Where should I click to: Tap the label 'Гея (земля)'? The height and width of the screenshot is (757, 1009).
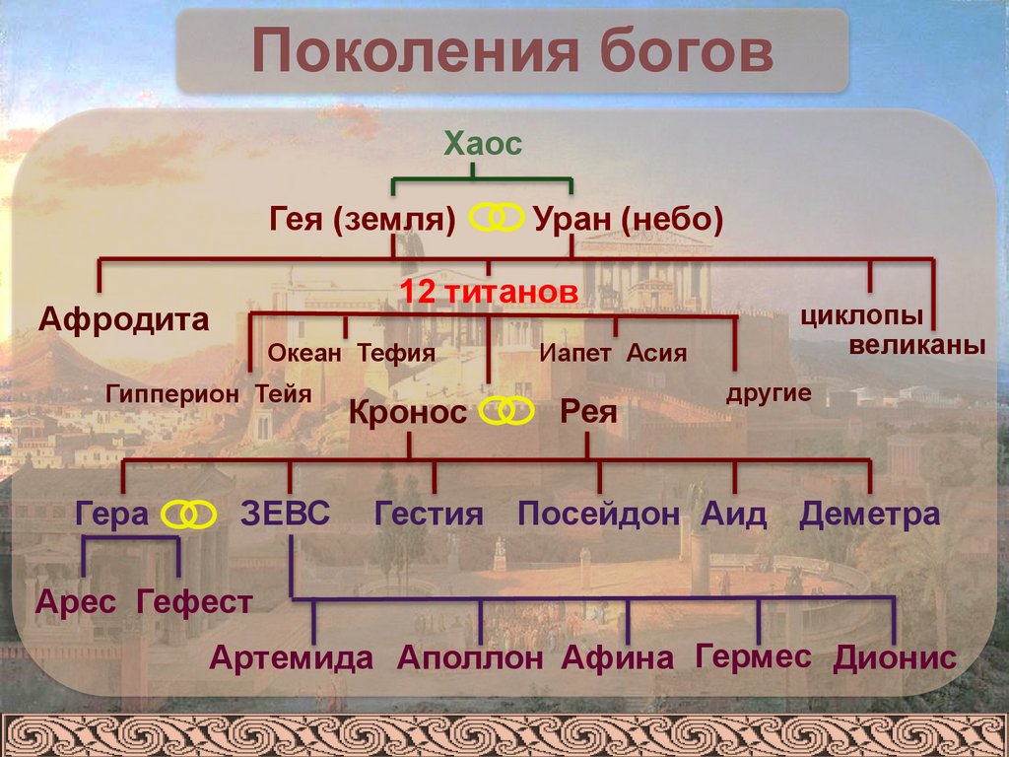[362, 219]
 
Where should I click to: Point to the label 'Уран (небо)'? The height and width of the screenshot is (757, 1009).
[629, 219]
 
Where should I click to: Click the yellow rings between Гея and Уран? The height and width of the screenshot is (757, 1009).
[497, 218]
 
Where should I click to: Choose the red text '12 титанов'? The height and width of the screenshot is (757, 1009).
[487, 292]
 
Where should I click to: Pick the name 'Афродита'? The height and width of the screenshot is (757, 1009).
[124, 320]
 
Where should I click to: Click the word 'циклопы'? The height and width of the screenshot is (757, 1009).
[862, 317]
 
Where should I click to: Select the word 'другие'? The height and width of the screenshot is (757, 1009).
[769, 393]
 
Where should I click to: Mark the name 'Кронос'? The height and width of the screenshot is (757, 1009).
[407, 412]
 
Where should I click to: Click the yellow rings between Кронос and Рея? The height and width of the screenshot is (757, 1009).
[506, 412]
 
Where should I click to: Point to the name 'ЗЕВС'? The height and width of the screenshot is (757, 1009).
[285, 514]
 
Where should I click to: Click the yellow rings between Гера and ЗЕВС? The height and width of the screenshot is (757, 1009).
[188, 514]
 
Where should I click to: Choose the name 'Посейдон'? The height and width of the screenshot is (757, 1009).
[599, 514]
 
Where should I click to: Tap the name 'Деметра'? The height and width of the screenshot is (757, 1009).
[869, 514]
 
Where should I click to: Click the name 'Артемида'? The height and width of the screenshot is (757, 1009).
[292, 657]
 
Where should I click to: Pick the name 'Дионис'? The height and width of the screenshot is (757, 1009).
[895, 657]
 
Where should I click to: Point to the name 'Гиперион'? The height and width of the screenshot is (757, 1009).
[173, 394]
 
